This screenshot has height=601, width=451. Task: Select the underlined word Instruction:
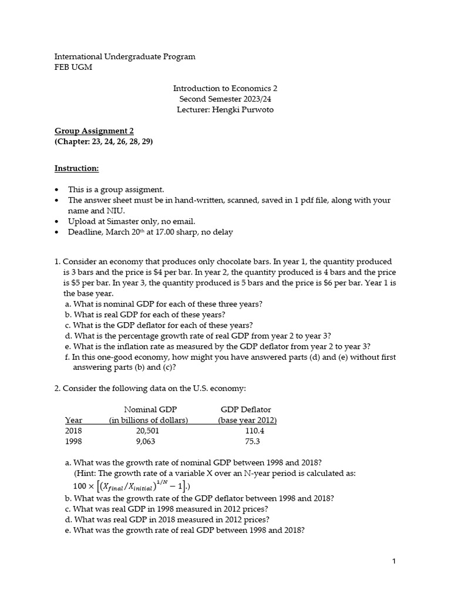coord(77,168)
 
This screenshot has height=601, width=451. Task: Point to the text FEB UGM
coord(73,67)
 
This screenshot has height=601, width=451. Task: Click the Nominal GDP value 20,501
coord(147,430)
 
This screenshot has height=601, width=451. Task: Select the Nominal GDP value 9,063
coord(147,441)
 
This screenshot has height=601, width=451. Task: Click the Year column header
coord(73,420)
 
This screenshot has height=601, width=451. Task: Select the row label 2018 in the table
coord(73,430)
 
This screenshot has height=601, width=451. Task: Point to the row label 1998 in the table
coord(73,441)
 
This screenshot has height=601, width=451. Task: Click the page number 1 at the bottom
coord(394,562)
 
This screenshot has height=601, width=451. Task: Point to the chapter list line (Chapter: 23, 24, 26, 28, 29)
coord(103,141)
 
